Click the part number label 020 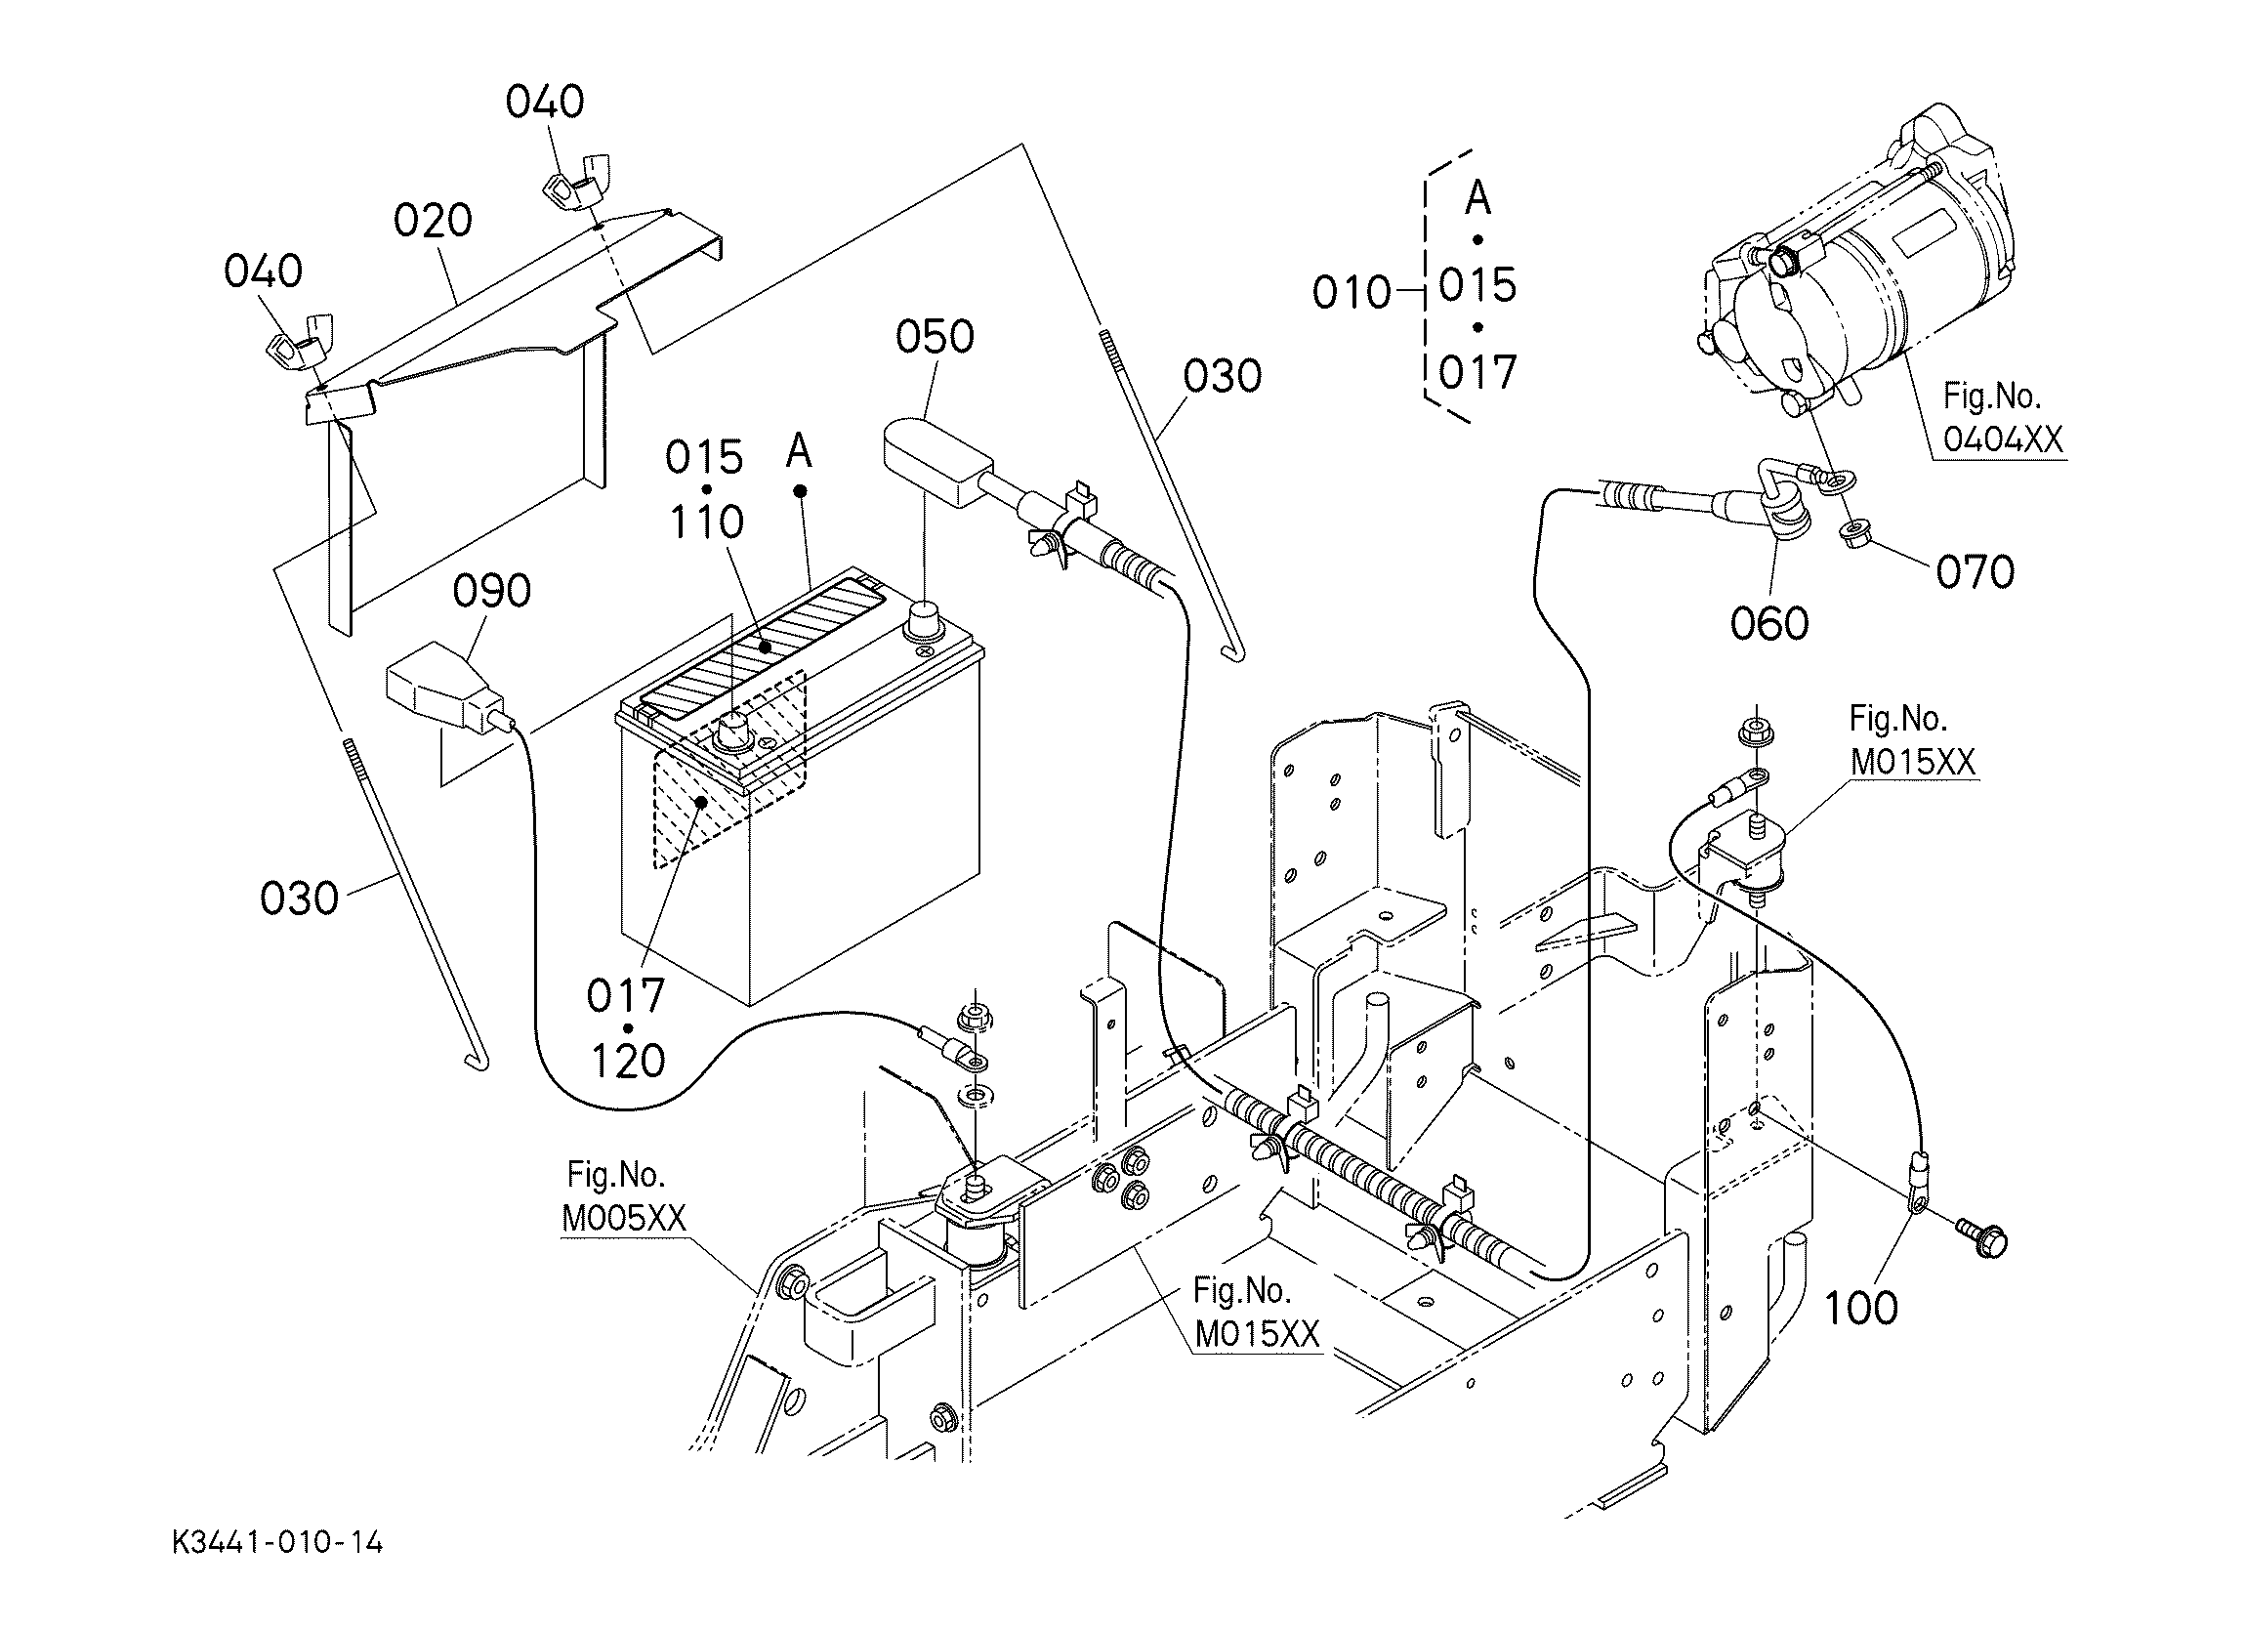432,220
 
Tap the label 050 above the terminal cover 934,337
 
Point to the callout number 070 1975,571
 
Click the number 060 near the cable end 1768,623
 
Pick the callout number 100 1861,1308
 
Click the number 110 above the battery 707,522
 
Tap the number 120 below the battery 628,1061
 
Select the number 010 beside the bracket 1352,292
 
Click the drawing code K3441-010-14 277,1543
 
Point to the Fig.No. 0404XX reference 2003,418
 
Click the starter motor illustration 1851,268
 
